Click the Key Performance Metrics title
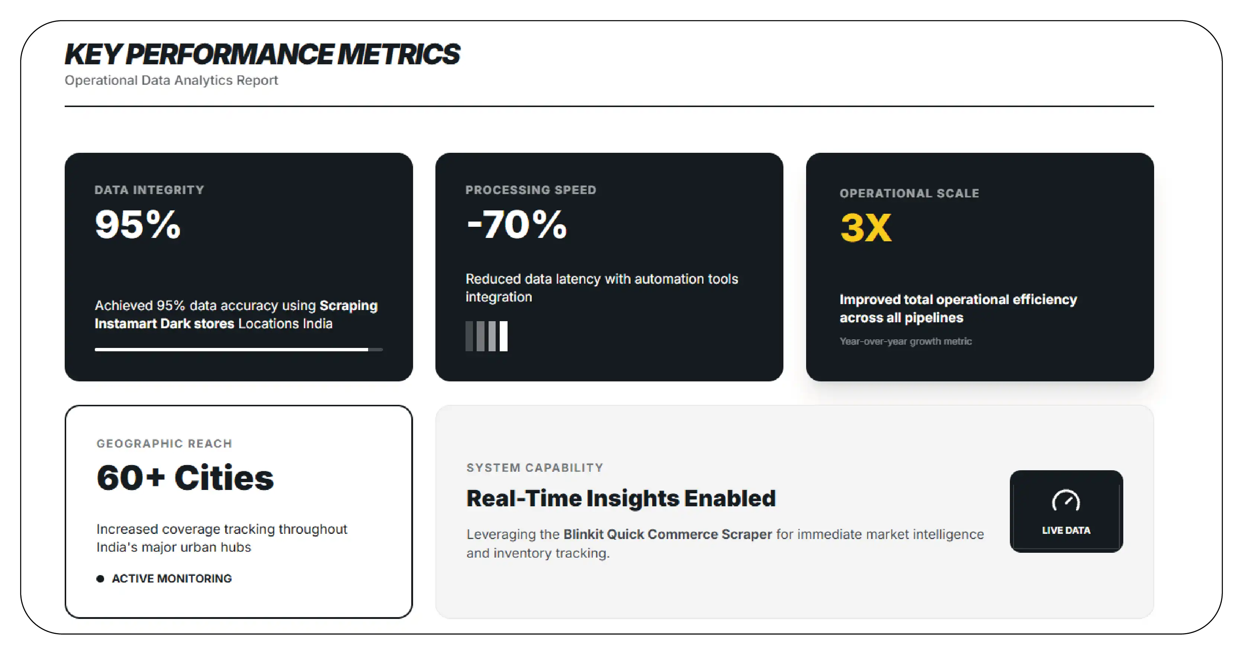(263, 54)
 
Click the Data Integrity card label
(149, 190)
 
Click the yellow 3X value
(866, 228)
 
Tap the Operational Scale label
(909, 193)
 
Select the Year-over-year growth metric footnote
(906, 342)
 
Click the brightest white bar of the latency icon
(503, 336)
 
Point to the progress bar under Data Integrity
(239, 349)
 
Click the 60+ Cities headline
(185, 478)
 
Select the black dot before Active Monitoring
(100, 579)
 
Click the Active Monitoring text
(172, 579)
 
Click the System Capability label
(535, 468)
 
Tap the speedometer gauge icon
(1066, 501)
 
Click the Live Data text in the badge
(1066, 530)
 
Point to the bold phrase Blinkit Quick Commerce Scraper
(668, 535)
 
